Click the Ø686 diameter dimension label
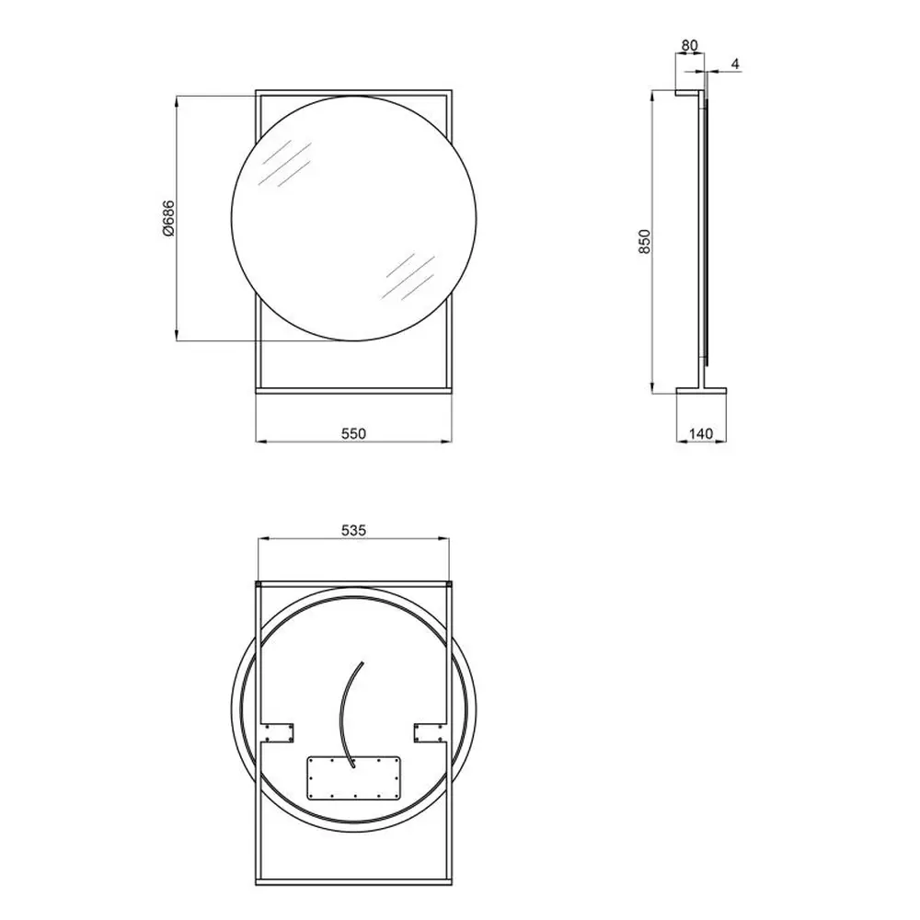coord(168,218)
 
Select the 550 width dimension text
coord(354,433)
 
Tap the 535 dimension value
coord(354,531)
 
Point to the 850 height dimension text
coord(645,241)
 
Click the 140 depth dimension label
coord(700,433)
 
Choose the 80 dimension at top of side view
coord(690,45)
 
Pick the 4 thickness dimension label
coord(736,63)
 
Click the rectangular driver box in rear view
coord(354,777)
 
